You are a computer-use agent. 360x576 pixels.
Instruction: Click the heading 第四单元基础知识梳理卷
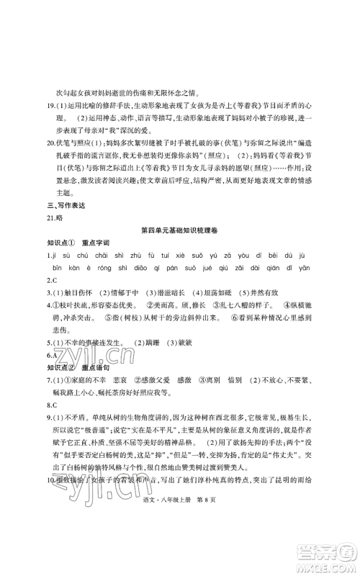pyautogui.click(x=180, y=230)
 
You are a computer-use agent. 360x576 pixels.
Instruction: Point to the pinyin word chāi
pyautogui.click(x=108, y=256)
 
